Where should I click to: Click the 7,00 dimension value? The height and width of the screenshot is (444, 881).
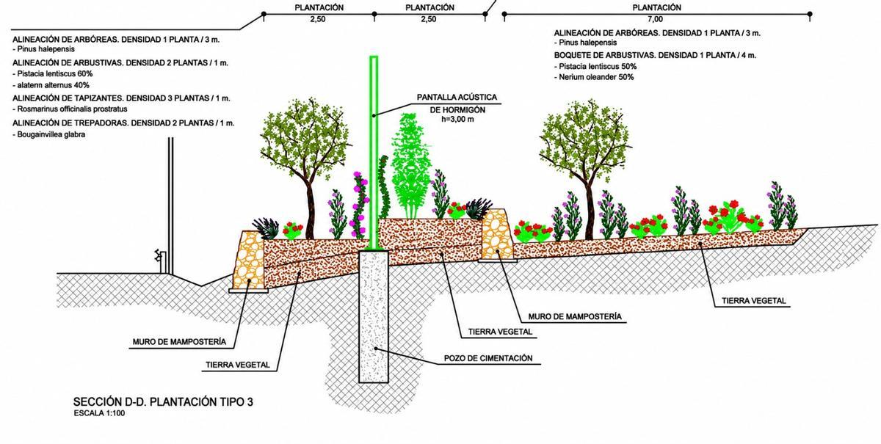655,19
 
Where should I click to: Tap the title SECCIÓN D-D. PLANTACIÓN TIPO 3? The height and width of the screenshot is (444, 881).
163,402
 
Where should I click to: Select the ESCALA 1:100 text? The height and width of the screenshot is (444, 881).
100,413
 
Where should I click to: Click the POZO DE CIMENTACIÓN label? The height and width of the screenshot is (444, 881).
488,358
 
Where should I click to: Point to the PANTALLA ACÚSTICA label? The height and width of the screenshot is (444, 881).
457,97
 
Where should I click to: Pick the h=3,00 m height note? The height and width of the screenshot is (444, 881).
457,119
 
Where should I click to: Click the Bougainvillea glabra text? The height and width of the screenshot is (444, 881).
51,134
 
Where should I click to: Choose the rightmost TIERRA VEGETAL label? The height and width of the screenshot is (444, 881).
753,301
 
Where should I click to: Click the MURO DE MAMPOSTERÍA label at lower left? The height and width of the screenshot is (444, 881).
179,342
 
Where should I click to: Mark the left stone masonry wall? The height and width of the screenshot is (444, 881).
249,261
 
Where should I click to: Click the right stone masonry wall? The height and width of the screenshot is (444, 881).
498,234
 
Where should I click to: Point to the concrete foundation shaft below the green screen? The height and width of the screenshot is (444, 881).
374,316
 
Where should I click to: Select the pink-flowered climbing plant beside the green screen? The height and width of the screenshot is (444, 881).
360,205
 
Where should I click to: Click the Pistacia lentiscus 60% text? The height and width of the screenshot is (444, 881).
54,73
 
